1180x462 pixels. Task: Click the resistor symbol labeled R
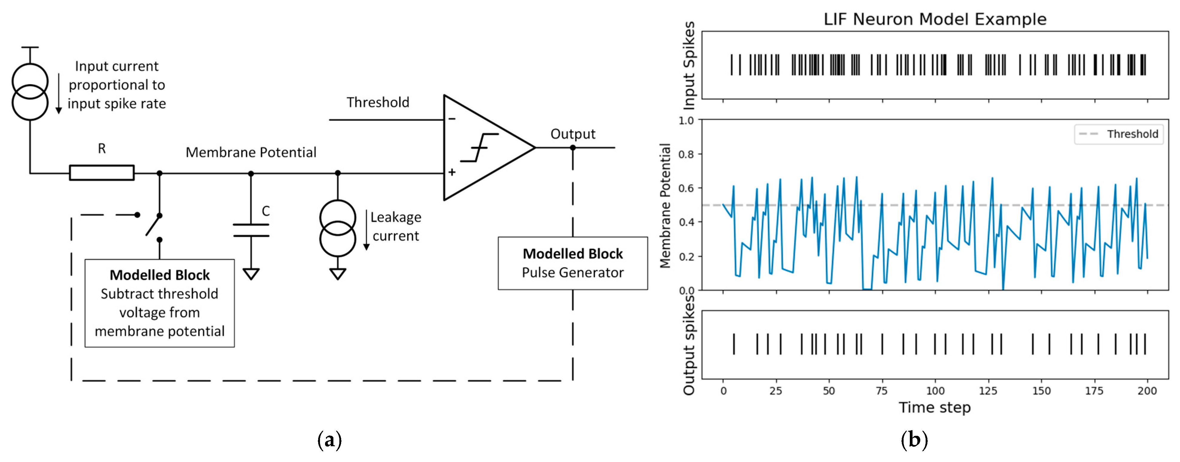(102, 172)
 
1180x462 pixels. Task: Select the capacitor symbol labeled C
(251, 230)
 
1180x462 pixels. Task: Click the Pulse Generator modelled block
(573, 263)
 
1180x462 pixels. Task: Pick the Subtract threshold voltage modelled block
(160, 303)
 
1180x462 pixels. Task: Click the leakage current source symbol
(338, 228)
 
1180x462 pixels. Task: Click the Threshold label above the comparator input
(378, 102)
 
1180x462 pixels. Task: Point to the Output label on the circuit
(573, 134)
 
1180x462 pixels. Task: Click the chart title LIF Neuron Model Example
(935, 19)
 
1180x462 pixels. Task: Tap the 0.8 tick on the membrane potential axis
(686, 154)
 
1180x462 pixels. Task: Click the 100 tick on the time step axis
(935, 391)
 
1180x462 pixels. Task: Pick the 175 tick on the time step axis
(1094, 391)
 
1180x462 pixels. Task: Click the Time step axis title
(935, 407)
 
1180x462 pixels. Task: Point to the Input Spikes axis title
(689, 65)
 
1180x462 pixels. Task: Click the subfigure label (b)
(914, 440)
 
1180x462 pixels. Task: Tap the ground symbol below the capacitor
(251, 274)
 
